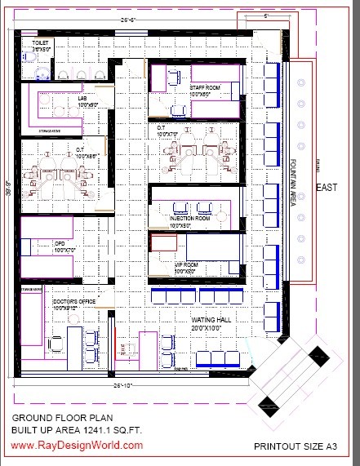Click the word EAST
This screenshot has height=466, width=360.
click(x=327, y=188)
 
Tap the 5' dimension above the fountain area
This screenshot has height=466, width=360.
click(x=267, y=15)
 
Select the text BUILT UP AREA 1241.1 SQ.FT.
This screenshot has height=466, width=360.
click(x=75, y=428)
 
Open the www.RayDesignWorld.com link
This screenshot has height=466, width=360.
click(x=77, y=446)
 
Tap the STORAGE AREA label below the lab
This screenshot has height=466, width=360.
click(x=51, y=130)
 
